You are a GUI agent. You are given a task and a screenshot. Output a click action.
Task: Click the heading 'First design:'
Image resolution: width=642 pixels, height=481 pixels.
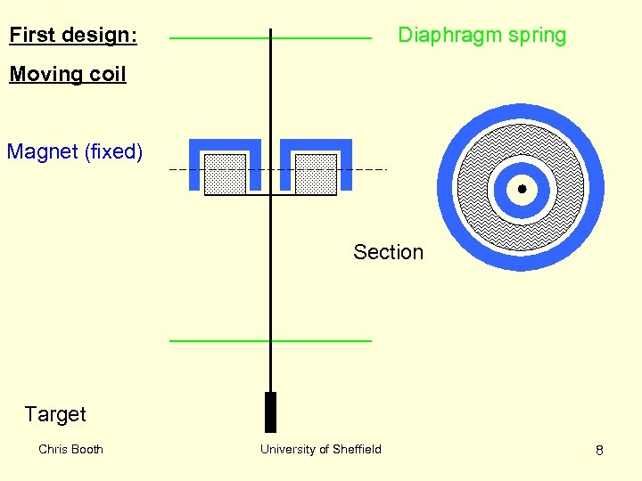pos(73,36)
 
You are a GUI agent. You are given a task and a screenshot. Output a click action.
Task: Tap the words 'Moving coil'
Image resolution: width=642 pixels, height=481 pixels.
pos(68,74)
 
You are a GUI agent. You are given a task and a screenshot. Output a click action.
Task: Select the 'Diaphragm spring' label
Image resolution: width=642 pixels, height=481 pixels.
pos(481,36)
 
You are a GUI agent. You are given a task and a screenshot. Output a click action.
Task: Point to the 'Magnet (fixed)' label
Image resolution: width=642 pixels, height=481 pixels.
pos(75,151)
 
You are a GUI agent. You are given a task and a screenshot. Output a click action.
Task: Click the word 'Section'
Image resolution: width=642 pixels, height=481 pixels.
pos(388,252)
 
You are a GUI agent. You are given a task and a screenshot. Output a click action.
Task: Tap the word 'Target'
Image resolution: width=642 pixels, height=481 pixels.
pos(55,414)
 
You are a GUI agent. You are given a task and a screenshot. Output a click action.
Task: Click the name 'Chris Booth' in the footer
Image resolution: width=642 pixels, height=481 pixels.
pos(70,449)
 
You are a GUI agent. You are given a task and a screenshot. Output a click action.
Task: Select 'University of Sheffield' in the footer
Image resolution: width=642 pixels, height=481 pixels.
pos(320,449)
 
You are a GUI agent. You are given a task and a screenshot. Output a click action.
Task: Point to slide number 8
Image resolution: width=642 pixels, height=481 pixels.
pos(599,450)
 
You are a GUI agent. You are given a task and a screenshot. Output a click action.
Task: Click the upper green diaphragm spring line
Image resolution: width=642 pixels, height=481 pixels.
pos(223,38)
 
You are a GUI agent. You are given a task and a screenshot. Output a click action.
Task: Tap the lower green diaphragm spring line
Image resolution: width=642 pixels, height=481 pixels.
pos(223,340)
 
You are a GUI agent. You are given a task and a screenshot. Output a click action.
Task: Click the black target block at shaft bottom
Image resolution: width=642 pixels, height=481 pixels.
pos(270,412)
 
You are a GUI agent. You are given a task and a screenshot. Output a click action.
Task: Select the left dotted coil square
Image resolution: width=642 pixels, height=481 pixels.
pos(225,174)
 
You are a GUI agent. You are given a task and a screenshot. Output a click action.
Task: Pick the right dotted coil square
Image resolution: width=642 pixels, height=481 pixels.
pos(316,174)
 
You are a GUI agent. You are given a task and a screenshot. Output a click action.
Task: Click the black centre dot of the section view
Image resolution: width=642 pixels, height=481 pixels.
pos(521,189)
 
